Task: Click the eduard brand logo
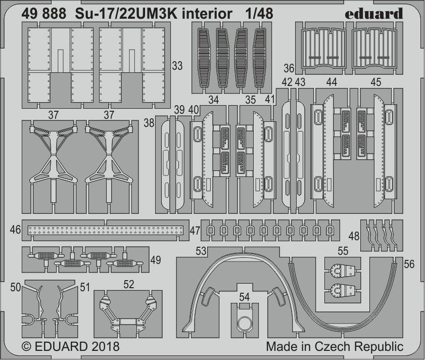374,14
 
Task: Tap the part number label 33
177,66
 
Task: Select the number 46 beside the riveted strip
15,230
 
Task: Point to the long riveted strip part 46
106,231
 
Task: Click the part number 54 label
244,297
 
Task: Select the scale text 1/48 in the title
259,14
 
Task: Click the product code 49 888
43,14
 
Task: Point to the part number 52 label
128,284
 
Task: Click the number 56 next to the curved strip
409,264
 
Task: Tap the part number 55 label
343,251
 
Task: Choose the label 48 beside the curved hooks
354,236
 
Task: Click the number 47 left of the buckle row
195,231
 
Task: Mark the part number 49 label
155,260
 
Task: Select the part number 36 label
289,68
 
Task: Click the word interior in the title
207,14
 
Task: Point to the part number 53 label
201,251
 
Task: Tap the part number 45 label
375,82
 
